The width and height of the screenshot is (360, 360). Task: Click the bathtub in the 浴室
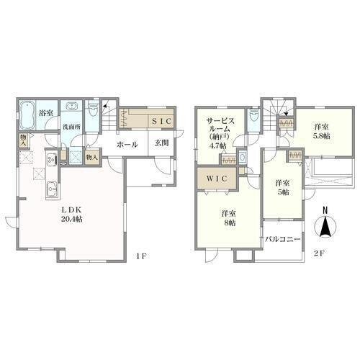[27, 114]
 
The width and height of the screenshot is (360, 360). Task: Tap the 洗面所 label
[72, 127]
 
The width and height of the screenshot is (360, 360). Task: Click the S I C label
[162, 121]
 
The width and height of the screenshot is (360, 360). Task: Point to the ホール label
[127, 145]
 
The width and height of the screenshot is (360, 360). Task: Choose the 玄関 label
[161, 143]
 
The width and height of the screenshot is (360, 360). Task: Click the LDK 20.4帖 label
[71, 215]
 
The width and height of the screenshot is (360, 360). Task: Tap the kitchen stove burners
[51, 160]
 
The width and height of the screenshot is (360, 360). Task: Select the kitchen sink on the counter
[53, 189]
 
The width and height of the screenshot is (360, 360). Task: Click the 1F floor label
[141, 256]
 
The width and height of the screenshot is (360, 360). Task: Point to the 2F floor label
[319, 253]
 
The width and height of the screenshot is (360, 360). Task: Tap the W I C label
[217, 179]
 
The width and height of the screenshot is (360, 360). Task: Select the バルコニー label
[283, 239]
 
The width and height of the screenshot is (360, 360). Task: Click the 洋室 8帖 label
[228, 218]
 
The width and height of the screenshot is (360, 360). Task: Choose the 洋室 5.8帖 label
[321, 132]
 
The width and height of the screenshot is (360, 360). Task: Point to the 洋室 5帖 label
[282, 188]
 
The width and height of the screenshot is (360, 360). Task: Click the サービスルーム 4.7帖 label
[218, 132]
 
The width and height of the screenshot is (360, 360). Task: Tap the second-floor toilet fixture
[253, 117]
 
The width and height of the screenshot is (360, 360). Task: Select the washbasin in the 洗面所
[71, 107]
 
